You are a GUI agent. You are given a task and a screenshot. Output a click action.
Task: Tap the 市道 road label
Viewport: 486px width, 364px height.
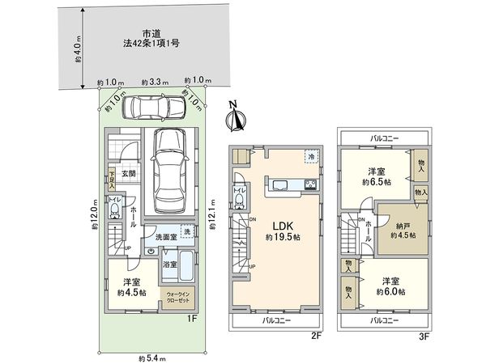pyautogui.click(x=150, y=33)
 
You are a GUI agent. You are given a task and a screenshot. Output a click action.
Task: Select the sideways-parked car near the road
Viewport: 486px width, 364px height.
pyautogui.click(x=154, y=108)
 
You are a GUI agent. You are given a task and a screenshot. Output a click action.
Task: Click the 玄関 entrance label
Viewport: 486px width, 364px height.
pyautogui.click(x=129, y=173)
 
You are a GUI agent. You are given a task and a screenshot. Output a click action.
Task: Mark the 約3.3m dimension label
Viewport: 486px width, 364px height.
pyautogui.click(x=154, y=83)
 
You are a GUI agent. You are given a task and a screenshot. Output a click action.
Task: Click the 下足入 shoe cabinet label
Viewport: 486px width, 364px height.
pyautogui.click(x=112, y=176)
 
